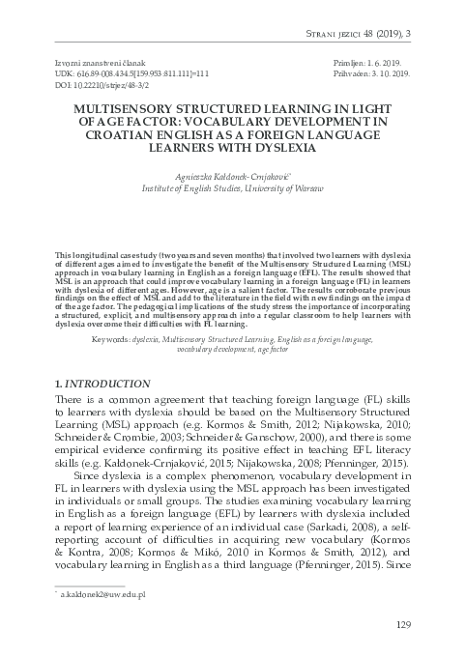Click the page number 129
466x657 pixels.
(404, 626)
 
